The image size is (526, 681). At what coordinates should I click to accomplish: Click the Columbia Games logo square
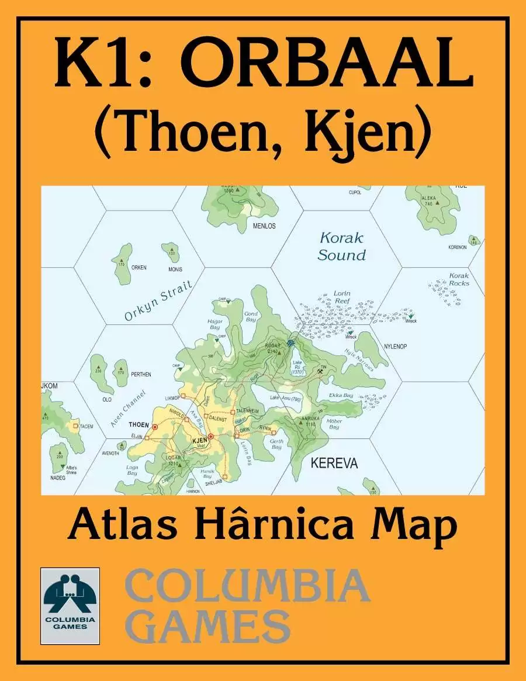70,606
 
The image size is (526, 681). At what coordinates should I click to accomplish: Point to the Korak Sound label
343,246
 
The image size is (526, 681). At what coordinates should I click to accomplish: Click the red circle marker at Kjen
210,437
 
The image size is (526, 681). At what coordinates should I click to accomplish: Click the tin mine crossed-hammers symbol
320,371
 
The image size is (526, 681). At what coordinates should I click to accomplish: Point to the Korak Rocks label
459,279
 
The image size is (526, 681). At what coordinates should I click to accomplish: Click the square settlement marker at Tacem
75,427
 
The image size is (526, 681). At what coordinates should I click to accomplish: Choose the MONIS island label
175,269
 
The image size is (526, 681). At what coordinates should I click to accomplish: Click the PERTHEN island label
141,374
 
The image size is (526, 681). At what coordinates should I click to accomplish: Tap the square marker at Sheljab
225,477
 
